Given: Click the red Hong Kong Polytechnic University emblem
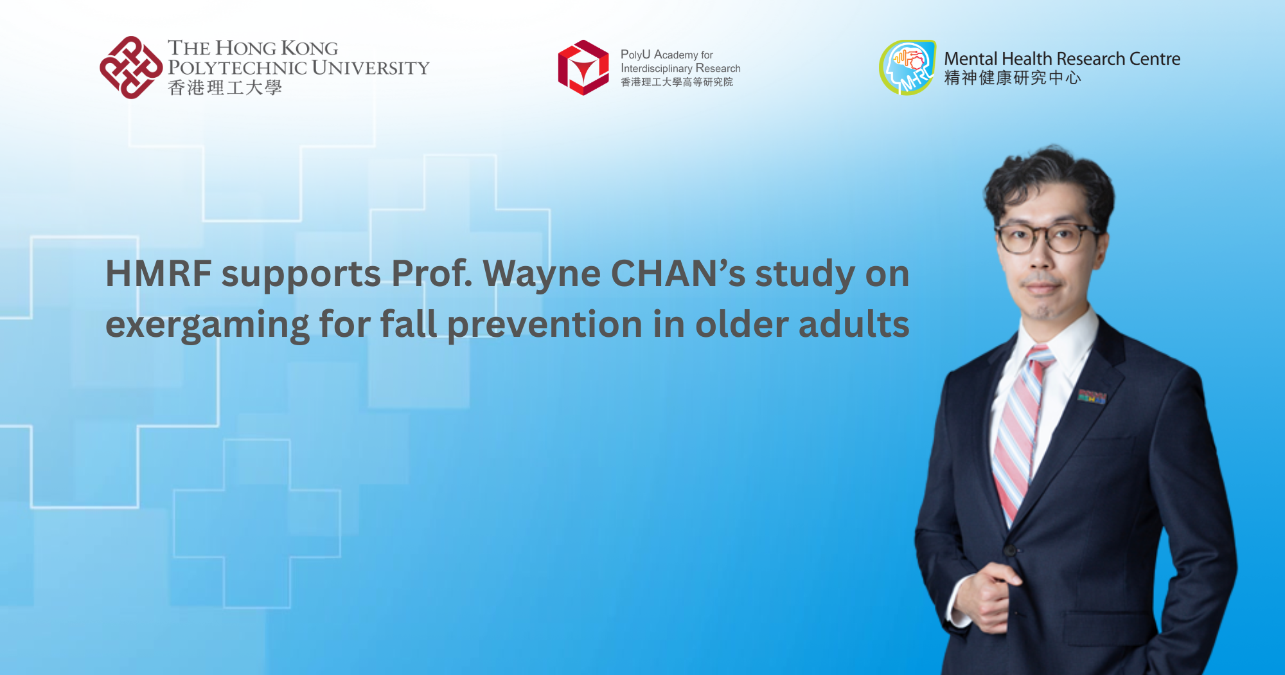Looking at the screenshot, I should tap(131, 67).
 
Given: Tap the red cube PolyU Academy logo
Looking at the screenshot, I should tap(583, 67).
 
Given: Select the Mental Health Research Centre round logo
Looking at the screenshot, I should tap(907, 67).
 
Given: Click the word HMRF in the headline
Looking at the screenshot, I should tap(159, 274).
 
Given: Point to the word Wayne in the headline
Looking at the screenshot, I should tap(542, 274).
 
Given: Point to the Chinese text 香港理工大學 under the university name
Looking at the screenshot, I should tap(225, 87).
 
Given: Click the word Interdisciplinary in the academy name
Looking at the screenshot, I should tap(656, 68).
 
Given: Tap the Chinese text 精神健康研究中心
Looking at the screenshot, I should tap(1012, 78).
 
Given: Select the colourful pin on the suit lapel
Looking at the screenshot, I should tap(1092, 397).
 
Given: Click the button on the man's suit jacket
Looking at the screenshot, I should tap(1010, 550).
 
